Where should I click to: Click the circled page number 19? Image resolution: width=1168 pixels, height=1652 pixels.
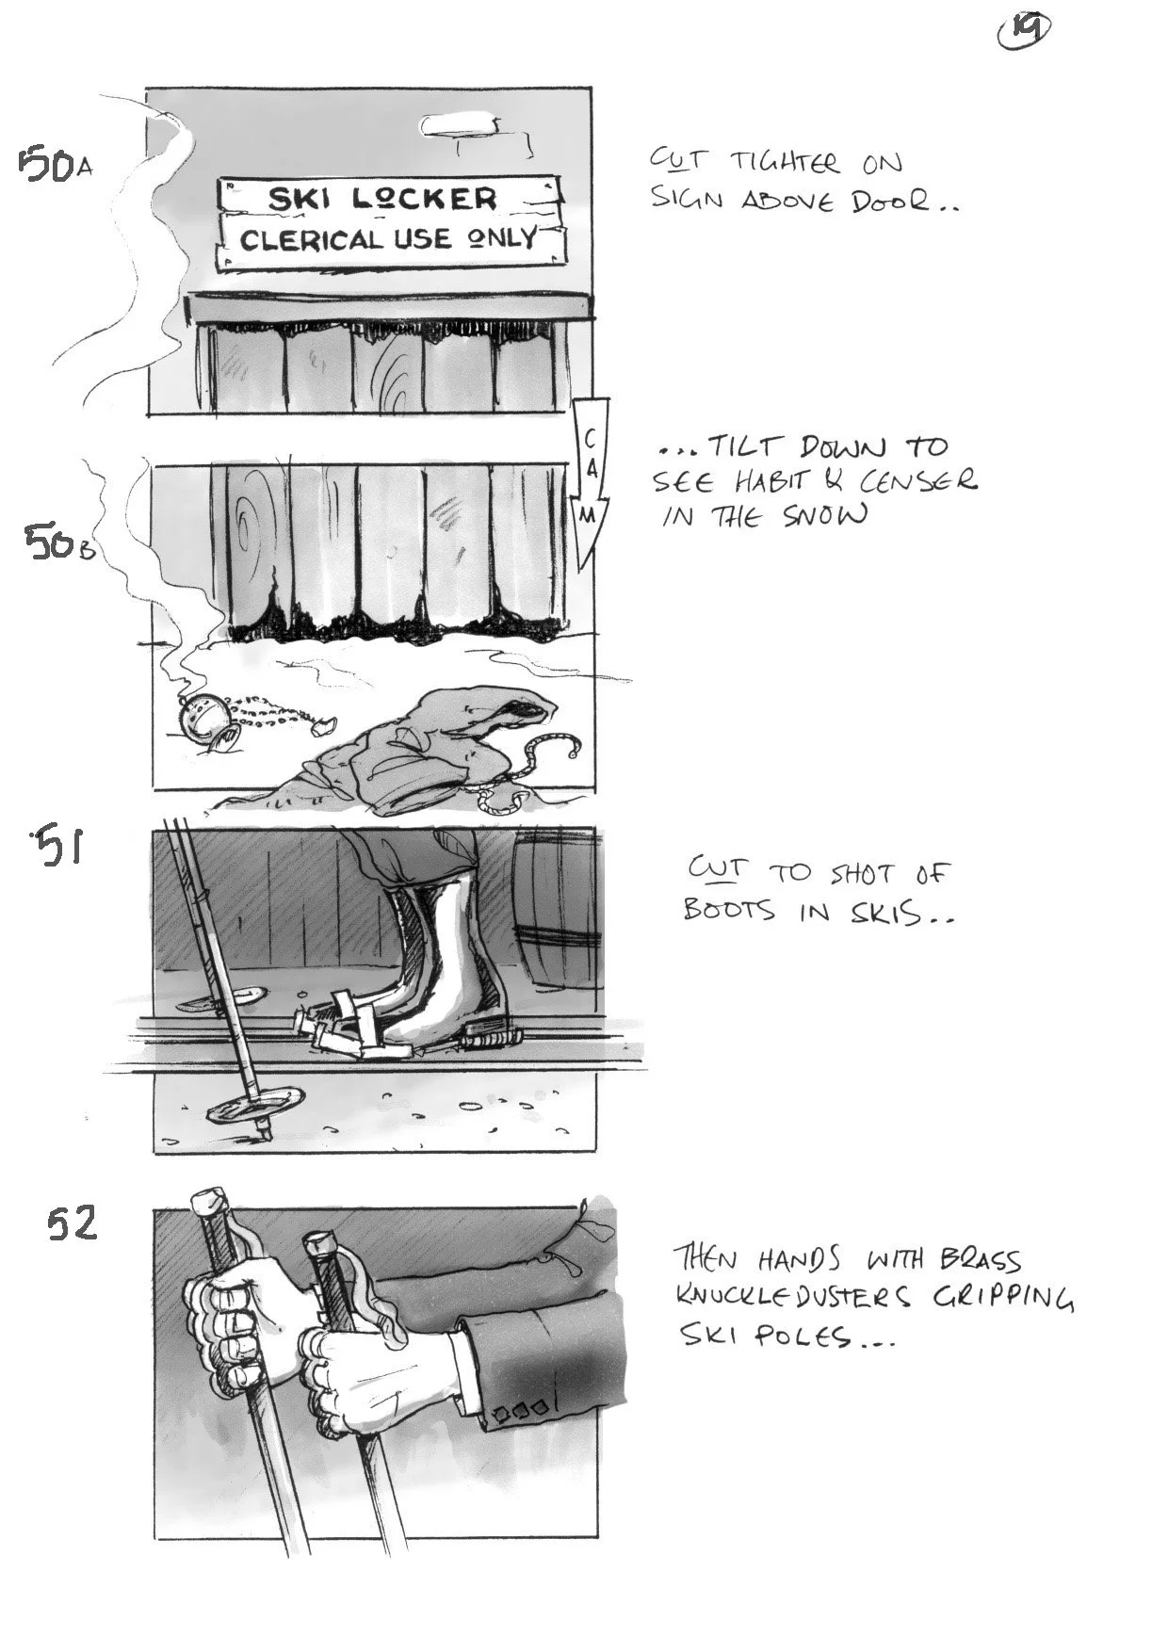pyautogui.click(x=1024, y=34)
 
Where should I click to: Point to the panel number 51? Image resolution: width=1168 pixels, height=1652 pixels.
pyautogui.click(x=58, y=847)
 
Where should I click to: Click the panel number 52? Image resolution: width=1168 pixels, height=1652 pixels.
pyautogui.click(x=73, y=1224)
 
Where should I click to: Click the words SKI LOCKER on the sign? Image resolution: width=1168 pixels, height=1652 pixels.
pyautogui.click(x=381, y=199)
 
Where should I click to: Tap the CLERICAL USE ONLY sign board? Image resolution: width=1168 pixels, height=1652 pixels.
pyautogui.click(x=388, y=239)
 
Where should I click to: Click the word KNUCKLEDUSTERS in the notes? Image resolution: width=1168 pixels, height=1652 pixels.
pyautogui.click(x=793, y=1298)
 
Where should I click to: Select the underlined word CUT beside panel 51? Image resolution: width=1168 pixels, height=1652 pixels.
pyautogui.click(x=714, y=867)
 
